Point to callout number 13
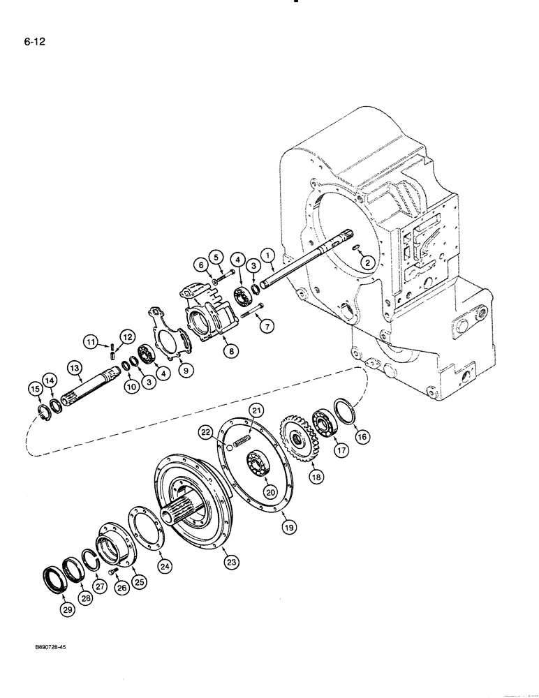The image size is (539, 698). click(x=74, y=366)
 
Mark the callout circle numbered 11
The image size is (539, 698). click(x=91, y=341)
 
